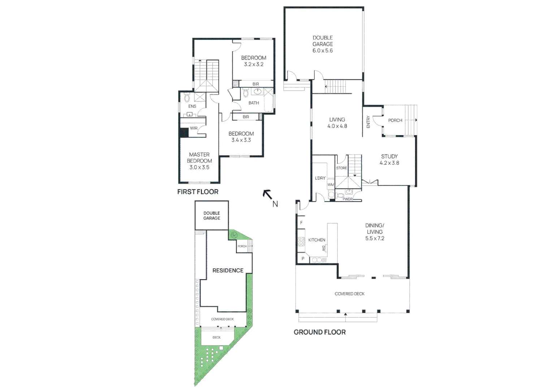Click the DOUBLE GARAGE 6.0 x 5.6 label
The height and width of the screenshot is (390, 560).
click(x=323, y=44)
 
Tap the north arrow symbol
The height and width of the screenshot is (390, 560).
click(x=268, y=195)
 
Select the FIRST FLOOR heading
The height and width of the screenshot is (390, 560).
click(x=198, y=192)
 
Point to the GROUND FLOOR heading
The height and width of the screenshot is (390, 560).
click(x=319, y=332)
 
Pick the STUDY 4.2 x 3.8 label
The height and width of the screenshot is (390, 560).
click(x=389, y=160)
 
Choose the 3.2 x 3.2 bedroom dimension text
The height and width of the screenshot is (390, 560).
click(x=254, y=64)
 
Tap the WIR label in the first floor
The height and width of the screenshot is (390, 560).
click(x=194, y=128)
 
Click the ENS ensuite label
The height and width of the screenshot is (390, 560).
click(x=192, y=107)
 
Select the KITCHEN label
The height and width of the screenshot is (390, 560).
click(x=316, y=240)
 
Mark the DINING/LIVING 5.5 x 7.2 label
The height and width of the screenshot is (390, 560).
click(x=375, y=232)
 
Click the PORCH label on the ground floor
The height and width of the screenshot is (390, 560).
click(x=395, y=120)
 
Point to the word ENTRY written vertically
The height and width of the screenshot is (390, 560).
click(x=368, y=122)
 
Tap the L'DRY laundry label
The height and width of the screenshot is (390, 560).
click(x=320, y=178)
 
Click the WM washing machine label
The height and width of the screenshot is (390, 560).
click(x=331, y=185)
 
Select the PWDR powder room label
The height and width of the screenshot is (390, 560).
click(x=348, y=199)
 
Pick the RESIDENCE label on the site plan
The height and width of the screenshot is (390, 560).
click(x=228, y=270)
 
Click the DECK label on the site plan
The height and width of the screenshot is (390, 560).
click(x=216, y=338)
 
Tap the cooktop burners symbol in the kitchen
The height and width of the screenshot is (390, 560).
click(x=301, y=242)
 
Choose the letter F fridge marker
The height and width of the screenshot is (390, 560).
click(x=301, y=223)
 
